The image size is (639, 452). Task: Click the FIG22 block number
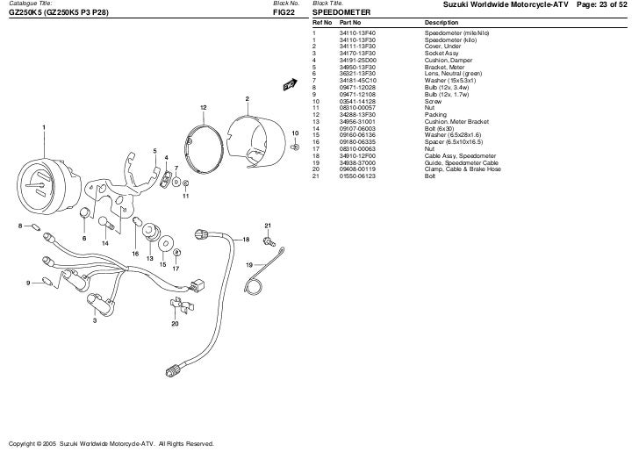283,13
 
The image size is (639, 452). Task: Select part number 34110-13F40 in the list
357,31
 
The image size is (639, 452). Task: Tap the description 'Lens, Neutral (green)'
453,73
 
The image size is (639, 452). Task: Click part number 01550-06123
357,176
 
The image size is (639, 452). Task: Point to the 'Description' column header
441,22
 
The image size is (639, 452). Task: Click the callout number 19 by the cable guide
248,264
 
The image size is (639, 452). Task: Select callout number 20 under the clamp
175,324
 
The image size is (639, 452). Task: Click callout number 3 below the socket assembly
95,321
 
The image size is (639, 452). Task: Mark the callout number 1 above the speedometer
42,128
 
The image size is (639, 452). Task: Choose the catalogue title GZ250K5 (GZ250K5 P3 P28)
58,13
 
